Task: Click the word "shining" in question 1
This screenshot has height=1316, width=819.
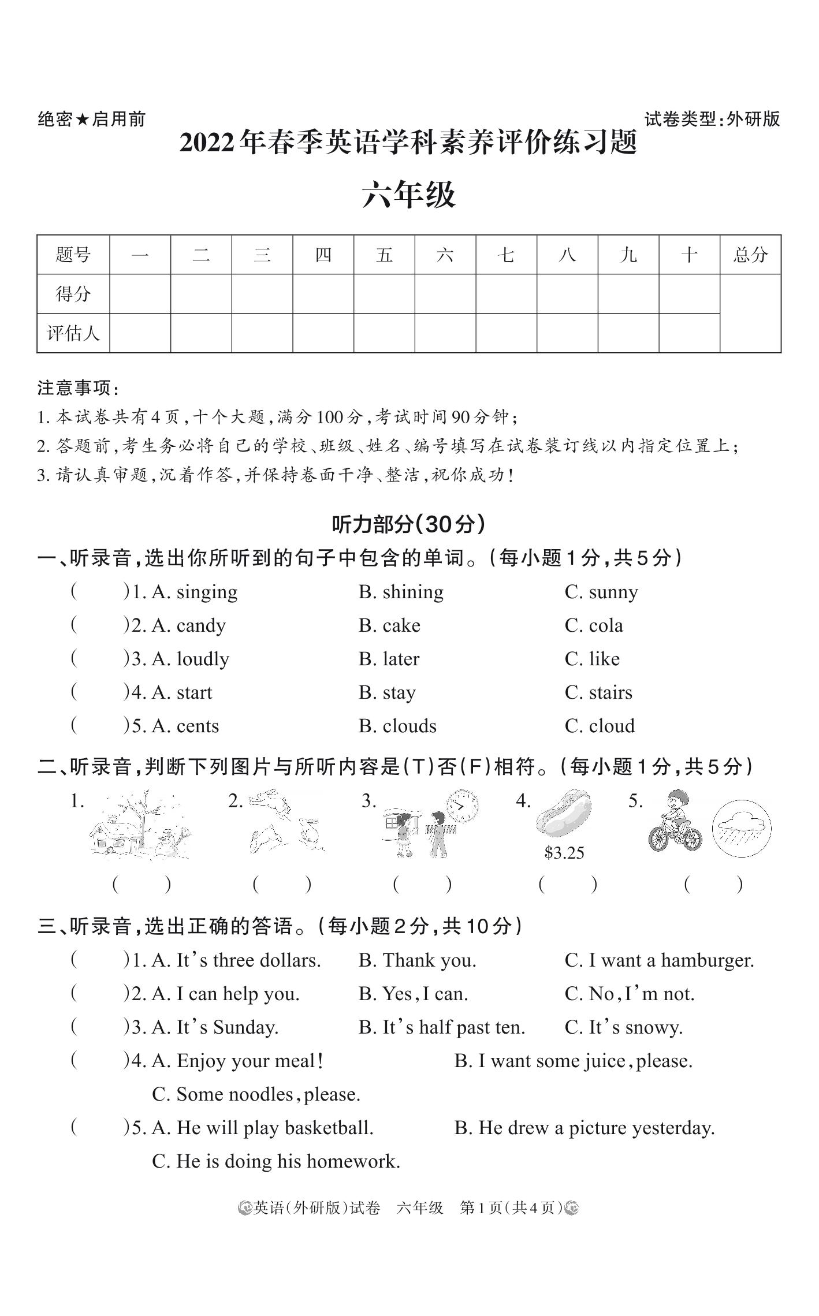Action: click(x=412, y=592)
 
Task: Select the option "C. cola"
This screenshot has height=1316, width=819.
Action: click(x=594, y=626)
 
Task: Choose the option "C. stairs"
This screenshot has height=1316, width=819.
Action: click(x=598, y=693)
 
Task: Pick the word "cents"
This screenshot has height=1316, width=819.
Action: click(x=198, y=726)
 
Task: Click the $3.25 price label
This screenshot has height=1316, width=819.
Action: click(x=564, y=853)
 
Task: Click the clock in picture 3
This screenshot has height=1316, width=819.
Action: click(x=463, y=805)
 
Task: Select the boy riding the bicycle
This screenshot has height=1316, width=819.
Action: click(x=675, y=822)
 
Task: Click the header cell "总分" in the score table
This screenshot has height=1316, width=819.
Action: click(x=750, y=255)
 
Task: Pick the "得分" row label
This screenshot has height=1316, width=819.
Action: click(x=73, y=294)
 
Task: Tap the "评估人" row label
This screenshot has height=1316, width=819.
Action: click(x=73, y=333)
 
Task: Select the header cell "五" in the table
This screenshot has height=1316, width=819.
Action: click(x=384, y=255)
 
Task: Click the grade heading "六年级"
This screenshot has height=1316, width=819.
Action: click(x=409, y=195)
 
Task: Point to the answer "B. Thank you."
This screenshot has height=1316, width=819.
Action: click(x=417, y=961)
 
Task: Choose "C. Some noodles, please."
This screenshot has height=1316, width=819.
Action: click(x=256, y=1095)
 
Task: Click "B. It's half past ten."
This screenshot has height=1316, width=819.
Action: click(x=441, y=1028)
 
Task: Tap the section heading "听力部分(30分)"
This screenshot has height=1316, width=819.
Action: click(x=408, y=524)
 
